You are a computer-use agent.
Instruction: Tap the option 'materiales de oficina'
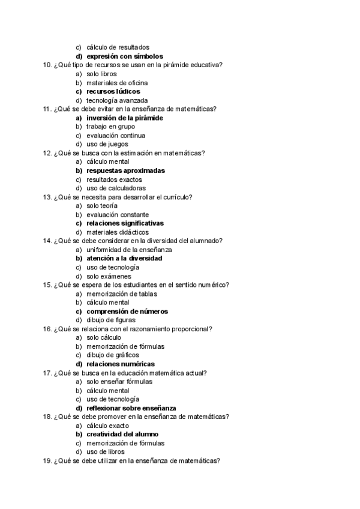tap(117, 83)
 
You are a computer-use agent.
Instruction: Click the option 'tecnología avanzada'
tap(117, 100)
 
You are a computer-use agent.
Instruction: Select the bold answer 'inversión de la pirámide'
tap(125, 118)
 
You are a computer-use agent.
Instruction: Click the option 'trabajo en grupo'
tap(111, 127)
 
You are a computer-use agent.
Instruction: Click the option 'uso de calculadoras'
tap(116, 188)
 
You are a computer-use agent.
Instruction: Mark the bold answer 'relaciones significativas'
tap(125, 223)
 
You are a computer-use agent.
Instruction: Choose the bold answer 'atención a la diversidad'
tap(124, 259)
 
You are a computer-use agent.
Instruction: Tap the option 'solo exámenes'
tap(109, 276)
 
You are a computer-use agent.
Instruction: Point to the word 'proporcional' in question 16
tap(194, 329)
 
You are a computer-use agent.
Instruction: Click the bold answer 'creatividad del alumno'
tap(123, 435)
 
